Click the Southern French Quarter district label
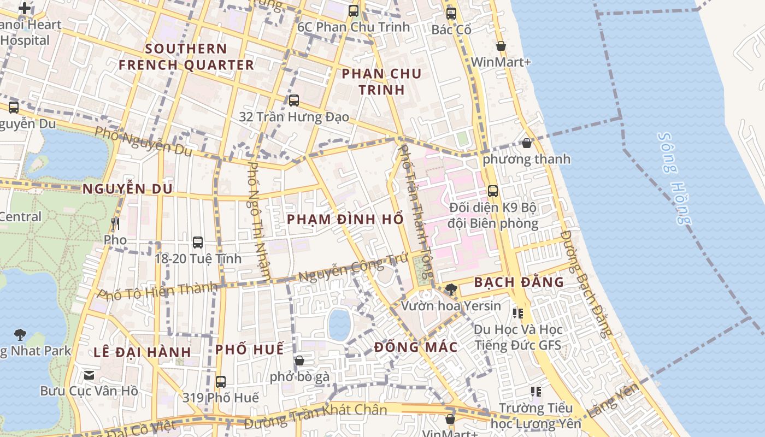click(186, 57)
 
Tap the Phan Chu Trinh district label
click(381, 81)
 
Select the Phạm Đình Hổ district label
click(345, 219)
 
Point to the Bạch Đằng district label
click(519, 282)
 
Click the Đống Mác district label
click(416, 347)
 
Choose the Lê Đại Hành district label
click(142, 352)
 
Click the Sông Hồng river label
click(674, 178)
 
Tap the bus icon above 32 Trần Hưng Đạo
click(294, 101)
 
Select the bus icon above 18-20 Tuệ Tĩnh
click(198, 242)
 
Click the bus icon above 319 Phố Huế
click(221, 381)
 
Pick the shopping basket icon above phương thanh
click(526, 143)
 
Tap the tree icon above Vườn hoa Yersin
click(451, 289)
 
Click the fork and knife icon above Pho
click(115, 223)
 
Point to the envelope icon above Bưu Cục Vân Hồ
click(89, 375)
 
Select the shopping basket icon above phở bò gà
click(299, 361)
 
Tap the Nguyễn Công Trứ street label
click(346, 269)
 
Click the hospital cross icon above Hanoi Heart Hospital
click(25, 8)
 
